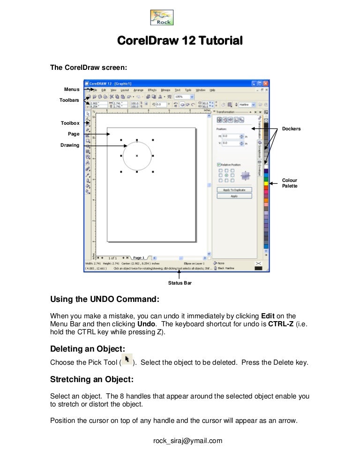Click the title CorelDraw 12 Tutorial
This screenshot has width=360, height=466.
point(180,41)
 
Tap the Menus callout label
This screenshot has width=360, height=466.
point(72,89)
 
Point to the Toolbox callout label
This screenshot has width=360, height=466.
point(70,123)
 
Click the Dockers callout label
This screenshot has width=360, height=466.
point(291,128)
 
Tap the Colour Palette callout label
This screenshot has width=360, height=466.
point(290,183)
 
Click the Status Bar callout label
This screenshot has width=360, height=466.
point(180,283)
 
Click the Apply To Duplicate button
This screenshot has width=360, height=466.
point(234,190)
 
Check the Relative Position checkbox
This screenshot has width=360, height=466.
point(219,165)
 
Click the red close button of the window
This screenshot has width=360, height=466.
point(266,83)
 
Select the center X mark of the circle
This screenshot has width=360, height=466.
point(137,156)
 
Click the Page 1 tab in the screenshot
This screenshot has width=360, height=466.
point(139,257)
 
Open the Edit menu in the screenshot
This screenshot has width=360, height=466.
point(104,90)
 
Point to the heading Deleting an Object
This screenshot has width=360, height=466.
point(88,349)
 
